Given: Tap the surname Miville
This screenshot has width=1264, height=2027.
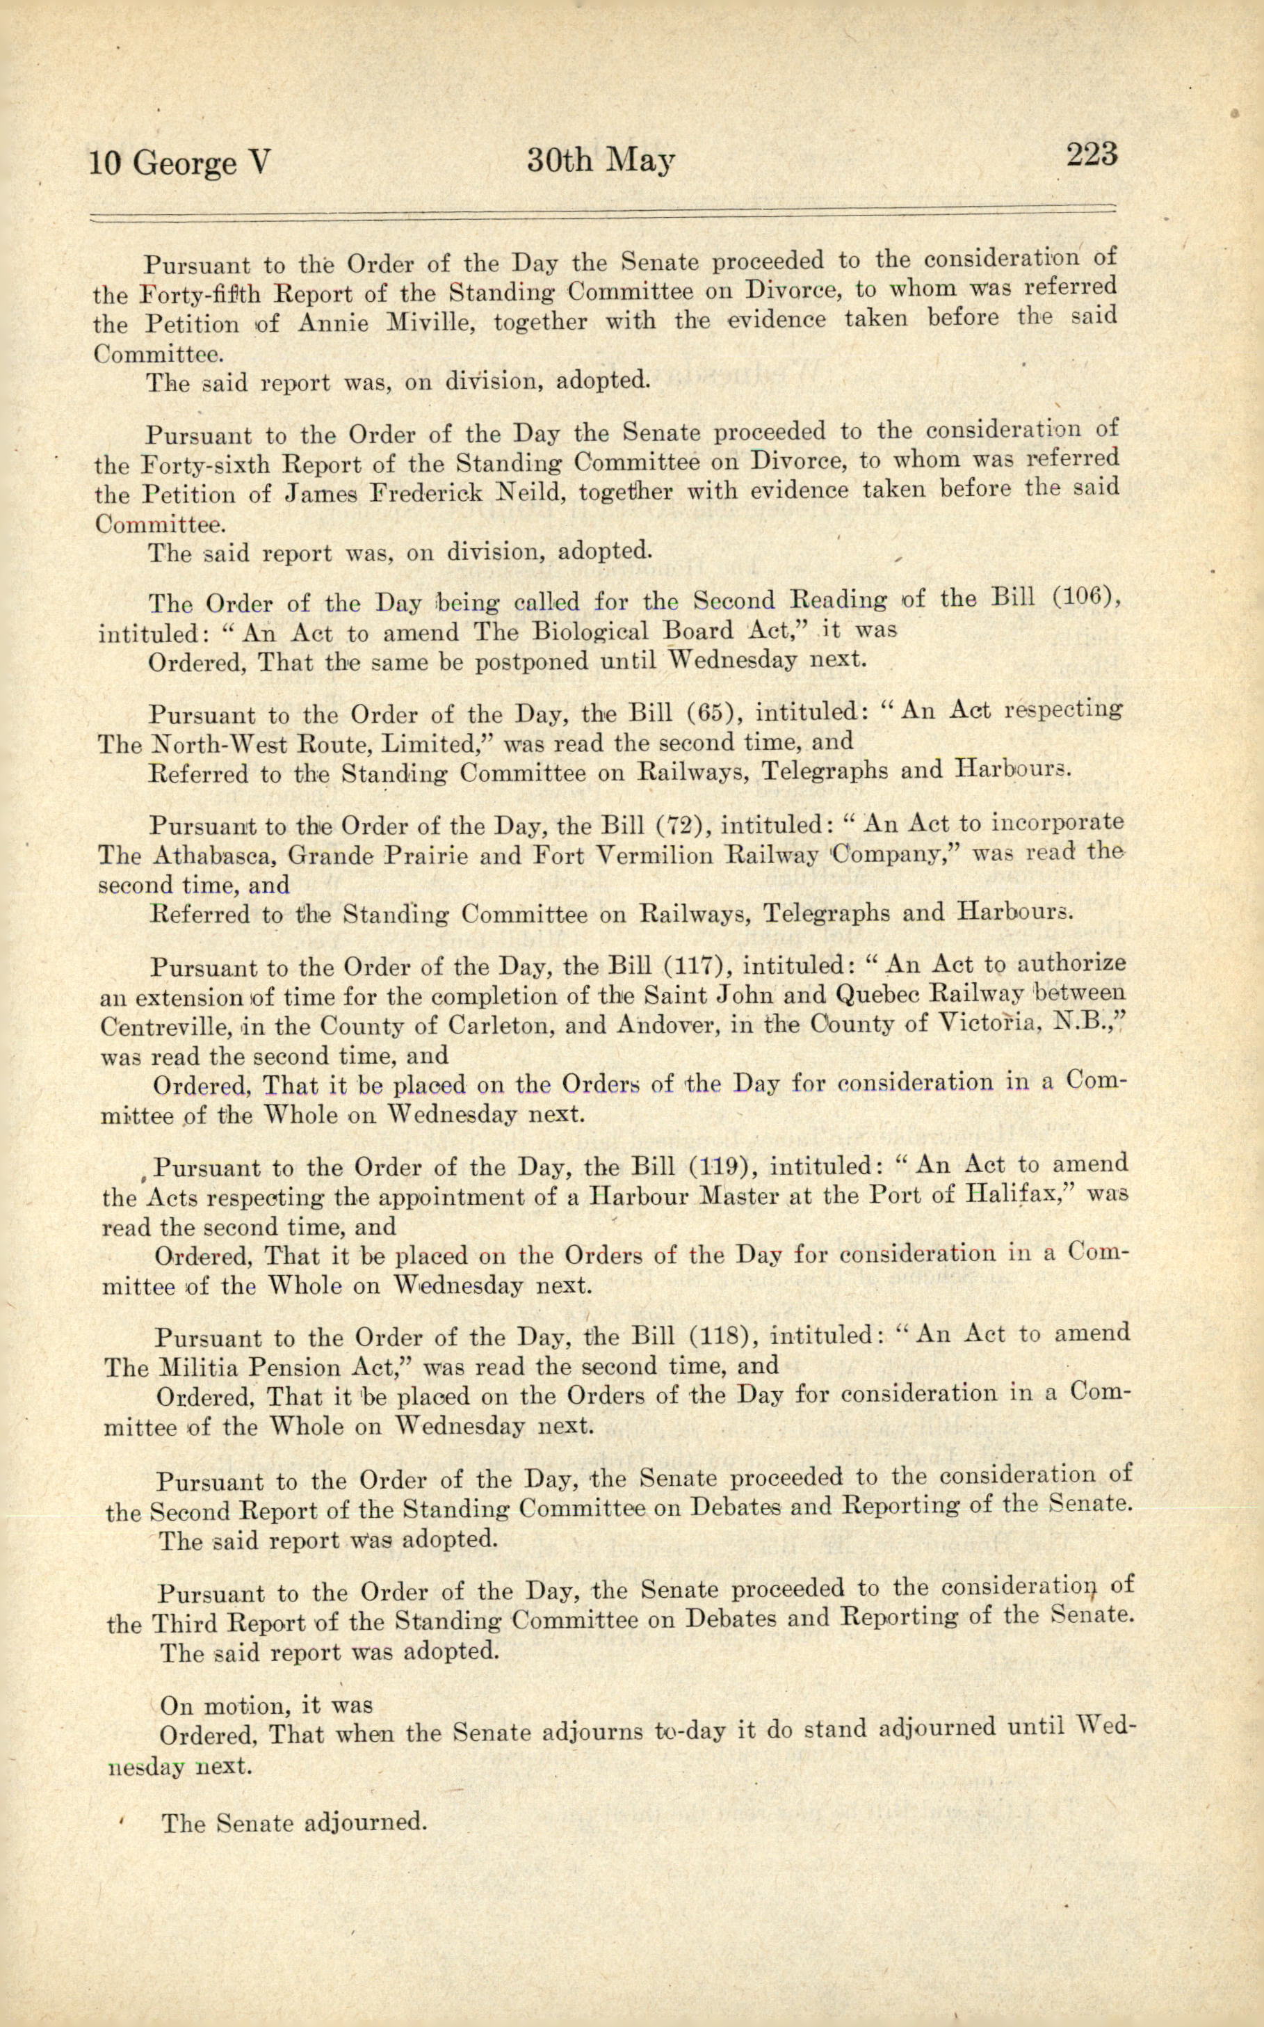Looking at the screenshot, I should click(430, 323).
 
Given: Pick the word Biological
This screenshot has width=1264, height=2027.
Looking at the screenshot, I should click(592, 632).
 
